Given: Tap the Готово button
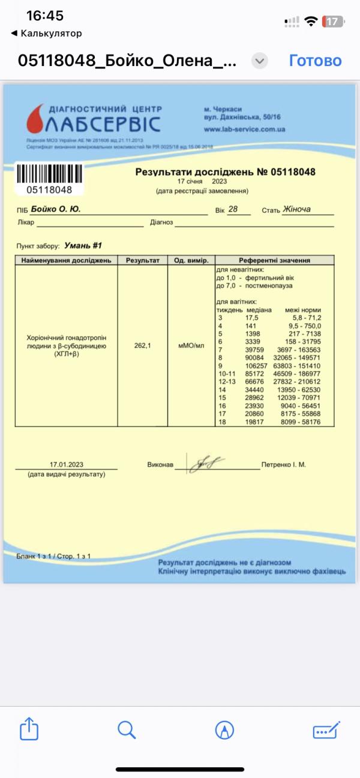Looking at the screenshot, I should (315, 61).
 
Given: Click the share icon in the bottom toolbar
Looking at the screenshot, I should (29, 729).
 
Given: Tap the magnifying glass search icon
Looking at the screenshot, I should (127, 729).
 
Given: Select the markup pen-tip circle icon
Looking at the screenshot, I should (224, 729).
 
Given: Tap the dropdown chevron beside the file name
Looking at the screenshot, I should (259, 61).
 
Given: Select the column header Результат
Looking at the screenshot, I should (143, 260).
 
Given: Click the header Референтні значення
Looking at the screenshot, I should (274, 260).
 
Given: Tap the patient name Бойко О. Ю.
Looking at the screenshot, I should (64, 209).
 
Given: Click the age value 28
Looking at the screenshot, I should (233, 209).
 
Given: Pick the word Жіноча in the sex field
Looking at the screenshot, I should (300, 209).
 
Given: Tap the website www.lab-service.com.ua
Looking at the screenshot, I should (244, 129).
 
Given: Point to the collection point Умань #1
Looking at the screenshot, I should (83, 245).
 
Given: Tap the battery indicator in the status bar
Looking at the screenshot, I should (334, 22).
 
